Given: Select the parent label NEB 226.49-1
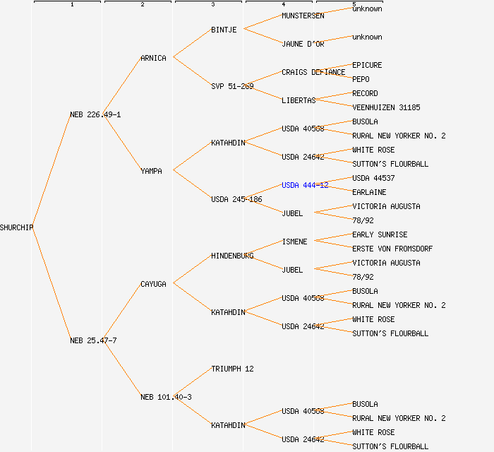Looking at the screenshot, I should click(95, 114).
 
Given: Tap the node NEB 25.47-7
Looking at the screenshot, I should click(93, 340).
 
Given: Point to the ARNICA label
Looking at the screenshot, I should click(153, 58).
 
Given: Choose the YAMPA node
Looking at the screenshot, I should click(151, 171).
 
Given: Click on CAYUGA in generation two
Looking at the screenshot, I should click(153, 284).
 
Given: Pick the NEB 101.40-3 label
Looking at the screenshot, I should click(166, 397).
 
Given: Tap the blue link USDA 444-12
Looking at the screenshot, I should click(305, 185).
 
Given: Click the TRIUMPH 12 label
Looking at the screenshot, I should click(232, 369).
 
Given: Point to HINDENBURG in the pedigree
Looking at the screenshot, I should click(232, 256).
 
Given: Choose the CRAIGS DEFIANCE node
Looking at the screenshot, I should click(313, 72).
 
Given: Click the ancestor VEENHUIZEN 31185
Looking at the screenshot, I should click(386, 107).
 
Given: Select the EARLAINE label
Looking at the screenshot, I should click(369, 192).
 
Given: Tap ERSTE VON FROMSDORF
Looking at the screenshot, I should click(392, 249).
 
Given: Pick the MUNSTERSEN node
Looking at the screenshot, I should click(303, 16).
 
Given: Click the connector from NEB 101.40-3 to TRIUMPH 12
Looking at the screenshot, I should click(192, 383).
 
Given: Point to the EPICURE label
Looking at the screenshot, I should click(367, 65).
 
